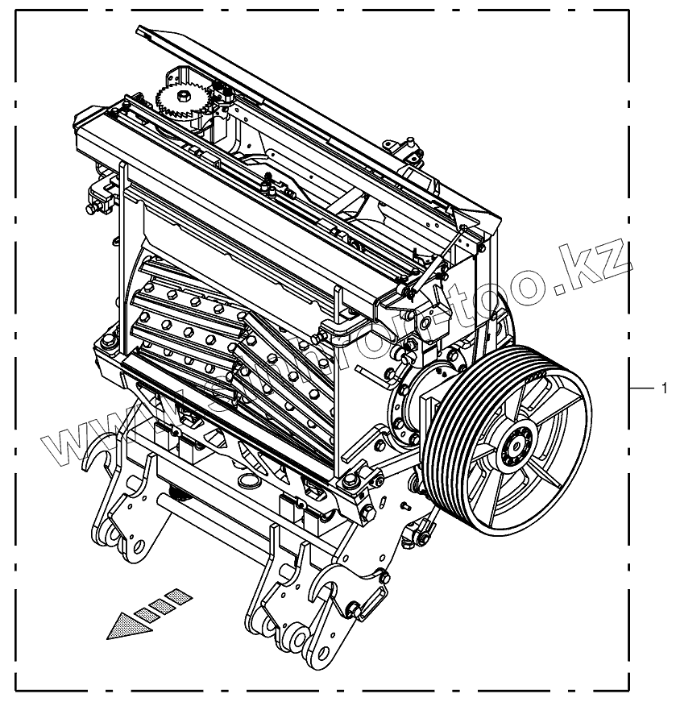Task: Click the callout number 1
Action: [x=663, y=388]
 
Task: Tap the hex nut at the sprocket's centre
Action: [x=184, y=96]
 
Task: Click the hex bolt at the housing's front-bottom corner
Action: [x=350, y=482]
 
